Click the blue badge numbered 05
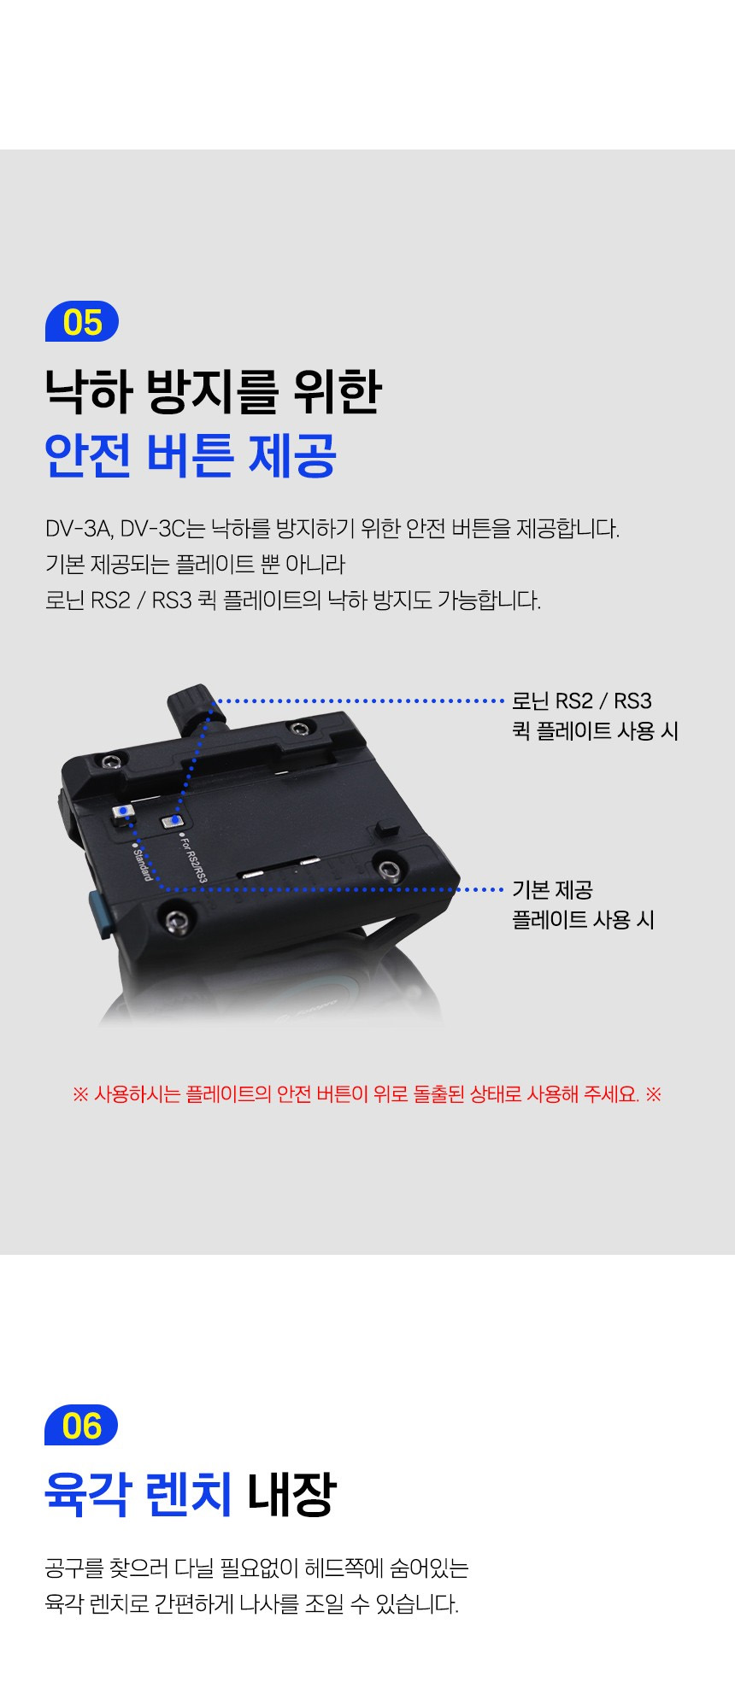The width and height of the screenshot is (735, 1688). coord(82,322)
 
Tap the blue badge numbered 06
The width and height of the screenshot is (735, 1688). coord(81,1425)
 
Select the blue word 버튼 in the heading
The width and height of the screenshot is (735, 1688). coord(190,454)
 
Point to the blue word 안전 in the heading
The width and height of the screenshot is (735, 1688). coord(89,454)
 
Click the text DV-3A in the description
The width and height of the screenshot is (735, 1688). coord(79,529)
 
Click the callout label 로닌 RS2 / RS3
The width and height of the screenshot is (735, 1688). coord(581,701)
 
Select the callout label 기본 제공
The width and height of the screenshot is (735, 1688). coord(552,890)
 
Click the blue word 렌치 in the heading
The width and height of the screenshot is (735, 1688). coord(189,1494)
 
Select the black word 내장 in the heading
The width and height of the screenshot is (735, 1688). coord(291,1494)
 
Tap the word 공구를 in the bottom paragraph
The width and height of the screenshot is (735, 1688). coord(75,1568)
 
